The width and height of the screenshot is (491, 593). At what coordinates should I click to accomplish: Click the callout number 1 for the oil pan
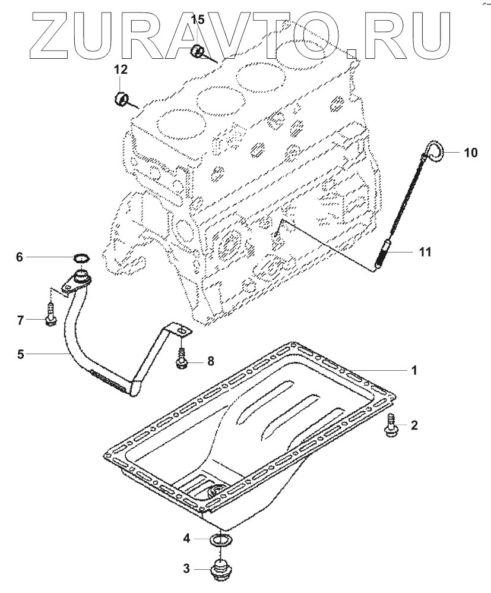click(414, 370)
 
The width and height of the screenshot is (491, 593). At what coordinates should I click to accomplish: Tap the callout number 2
click(414, 425)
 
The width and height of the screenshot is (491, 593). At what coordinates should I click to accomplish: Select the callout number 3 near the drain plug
click(186, 569)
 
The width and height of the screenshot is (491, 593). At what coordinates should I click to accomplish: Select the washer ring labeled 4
click(221, 540)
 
